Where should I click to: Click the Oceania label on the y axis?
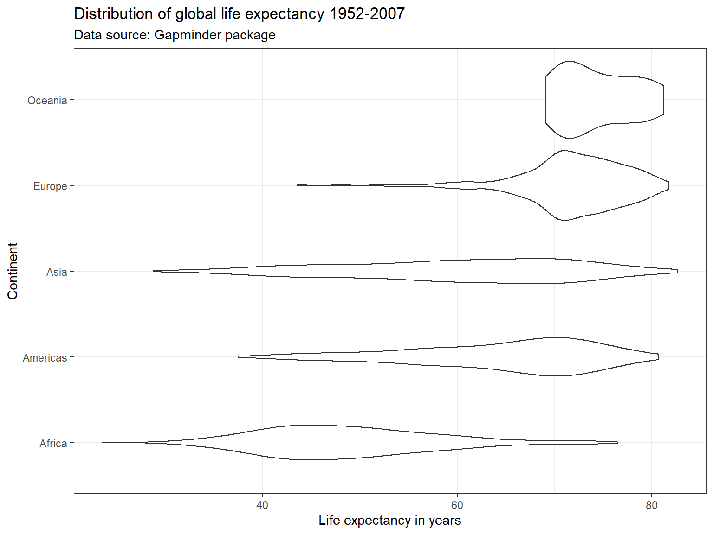point(47,101)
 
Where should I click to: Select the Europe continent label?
point(50,186)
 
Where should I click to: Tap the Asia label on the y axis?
point(57,272)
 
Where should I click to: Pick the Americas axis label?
point(45,358)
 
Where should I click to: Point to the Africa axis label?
point(53,444)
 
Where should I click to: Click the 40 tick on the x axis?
point(262,505)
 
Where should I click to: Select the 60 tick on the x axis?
point(457,505)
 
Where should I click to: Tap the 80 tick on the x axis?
point(652,505)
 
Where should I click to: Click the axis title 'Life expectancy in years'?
point(389,521)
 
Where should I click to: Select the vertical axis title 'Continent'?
point(13,271)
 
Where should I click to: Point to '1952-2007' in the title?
point(367,14)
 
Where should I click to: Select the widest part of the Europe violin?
point(564,185)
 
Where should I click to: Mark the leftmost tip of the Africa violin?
point(103,443)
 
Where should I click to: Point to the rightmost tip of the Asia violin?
point(677,271)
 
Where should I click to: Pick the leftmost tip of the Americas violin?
point(240,357)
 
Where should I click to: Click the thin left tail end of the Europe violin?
point(298,185)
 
